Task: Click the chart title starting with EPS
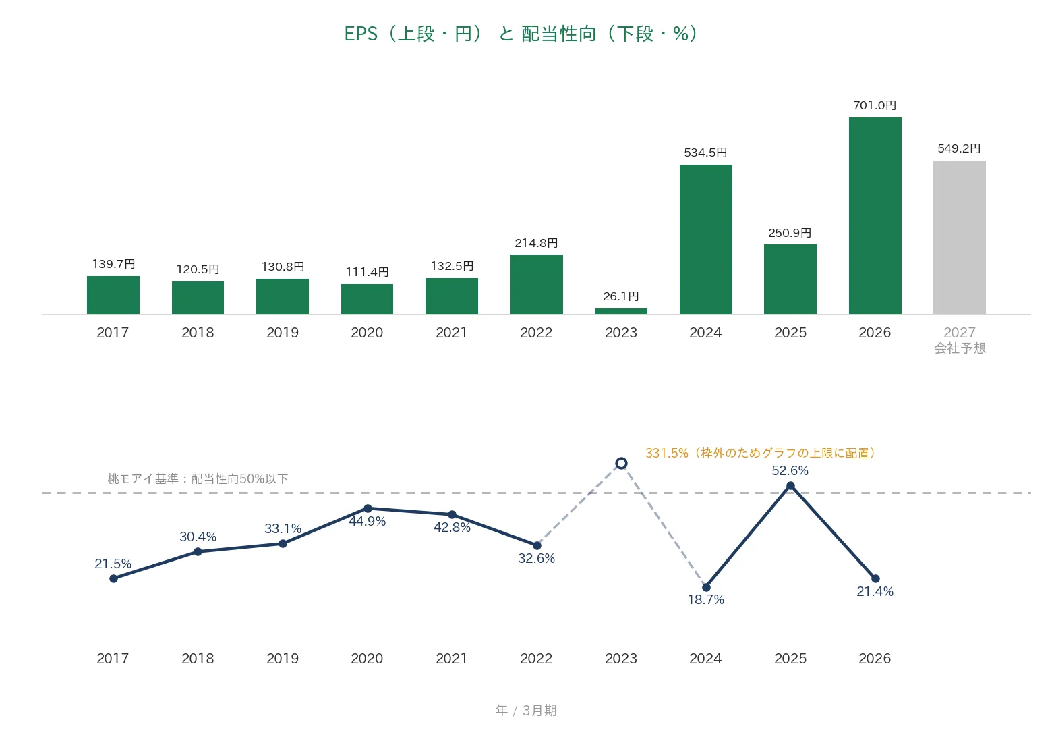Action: pyautogui.click(x=521, y=34)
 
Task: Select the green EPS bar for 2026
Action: pyautogui.click(x=875, y=216)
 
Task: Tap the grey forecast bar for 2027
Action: pyautogui.click(x=960, y=238)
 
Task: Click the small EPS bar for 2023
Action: pyautogui.click(x=621, y=311)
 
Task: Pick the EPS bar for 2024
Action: pyautogui.click(x=706, y=240)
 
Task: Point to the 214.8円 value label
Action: pyautogui.click(x=536, y=243)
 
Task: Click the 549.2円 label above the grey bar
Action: pyautogui.click(x=959, y=148)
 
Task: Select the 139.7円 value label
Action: pyautogui.click(x=114, y=264)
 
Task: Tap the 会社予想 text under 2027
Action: pyautogui.click(x=960, y=348)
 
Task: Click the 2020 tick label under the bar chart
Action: pyautogui.click(x=367, y=332)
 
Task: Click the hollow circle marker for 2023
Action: pyautogui.click(x=621, y=464)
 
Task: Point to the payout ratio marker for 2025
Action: pyautogui.click(x=790, y=486)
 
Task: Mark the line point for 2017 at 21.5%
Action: pyautogui.click(x=114, y=578)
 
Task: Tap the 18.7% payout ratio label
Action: pyautogui.click(x=706, y=599)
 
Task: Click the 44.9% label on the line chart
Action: pyautogui.click(x=368, y=521)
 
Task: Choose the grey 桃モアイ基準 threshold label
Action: pyautogui.click(x=198, y=478)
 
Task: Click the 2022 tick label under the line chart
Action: pyautogui.click(x=536, y=658)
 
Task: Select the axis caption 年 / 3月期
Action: pyautogui.click(x=526, y=711)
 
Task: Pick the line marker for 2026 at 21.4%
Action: pyautogui.click(x=875, y=578)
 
